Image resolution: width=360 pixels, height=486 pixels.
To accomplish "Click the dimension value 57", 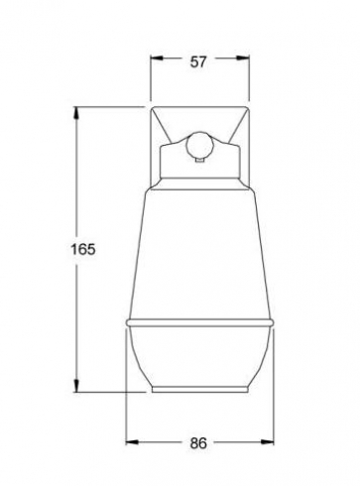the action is coord(198,61).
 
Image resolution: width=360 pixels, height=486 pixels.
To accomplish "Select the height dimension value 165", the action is coord(83,249).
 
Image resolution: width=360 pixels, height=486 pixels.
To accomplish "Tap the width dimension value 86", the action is coord(198,443).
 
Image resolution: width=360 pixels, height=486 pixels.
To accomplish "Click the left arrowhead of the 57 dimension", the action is coord(157,59).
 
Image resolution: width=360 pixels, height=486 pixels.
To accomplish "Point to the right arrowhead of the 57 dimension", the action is coord(242,59).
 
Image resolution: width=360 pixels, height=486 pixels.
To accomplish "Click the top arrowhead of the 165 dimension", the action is coord(76,113).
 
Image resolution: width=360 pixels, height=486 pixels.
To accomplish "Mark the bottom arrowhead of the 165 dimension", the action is coord(76,386).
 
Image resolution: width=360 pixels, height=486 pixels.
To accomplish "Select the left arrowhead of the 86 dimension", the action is coord(132,441).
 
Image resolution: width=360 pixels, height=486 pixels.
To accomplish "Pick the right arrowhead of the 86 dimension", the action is coord(267,441).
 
